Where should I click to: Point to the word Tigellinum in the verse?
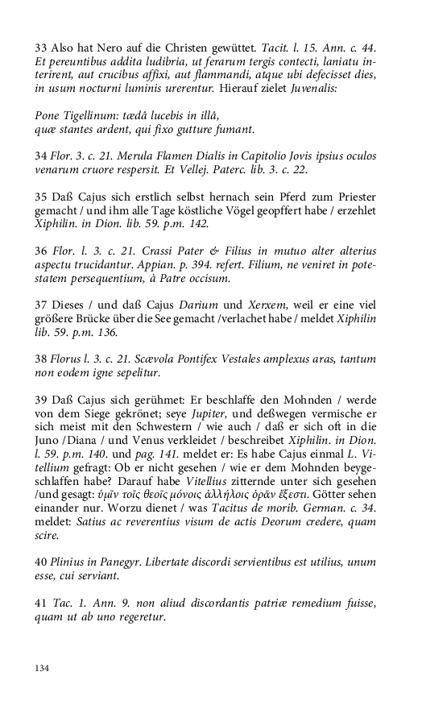click(91, 115)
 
